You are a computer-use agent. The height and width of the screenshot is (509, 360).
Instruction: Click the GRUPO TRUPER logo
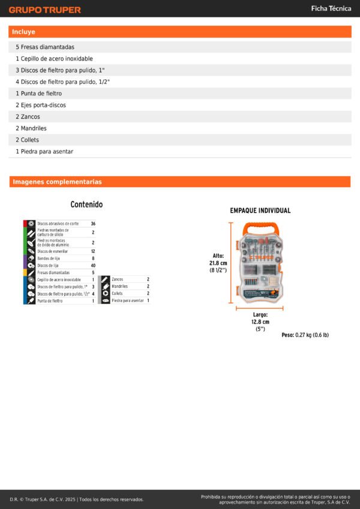[44, 10]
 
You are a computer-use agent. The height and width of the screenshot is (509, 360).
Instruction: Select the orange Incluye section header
[180, 32]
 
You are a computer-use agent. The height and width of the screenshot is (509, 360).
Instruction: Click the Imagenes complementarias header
[180, 182]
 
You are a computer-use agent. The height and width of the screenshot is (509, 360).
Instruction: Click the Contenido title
[86, 204]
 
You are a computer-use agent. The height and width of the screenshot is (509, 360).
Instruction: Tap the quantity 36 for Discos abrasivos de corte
[93, 224]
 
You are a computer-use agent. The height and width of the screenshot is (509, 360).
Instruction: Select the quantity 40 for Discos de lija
[93, 266]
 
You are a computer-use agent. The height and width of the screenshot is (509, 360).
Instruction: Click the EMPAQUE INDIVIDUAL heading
[260, 211]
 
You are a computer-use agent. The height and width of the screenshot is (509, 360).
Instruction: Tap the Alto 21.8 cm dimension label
[218, 263]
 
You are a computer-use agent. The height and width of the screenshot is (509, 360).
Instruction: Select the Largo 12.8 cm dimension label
[260, 321]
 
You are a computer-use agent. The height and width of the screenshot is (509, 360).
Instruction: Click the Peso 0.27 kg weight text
[305, 335]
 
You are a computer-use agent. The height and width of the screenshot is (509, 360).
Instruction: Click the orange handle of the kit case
[260, 228]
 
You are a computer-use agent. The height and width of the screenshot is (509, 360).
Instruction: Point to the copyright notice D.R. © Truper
[77, 499]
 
